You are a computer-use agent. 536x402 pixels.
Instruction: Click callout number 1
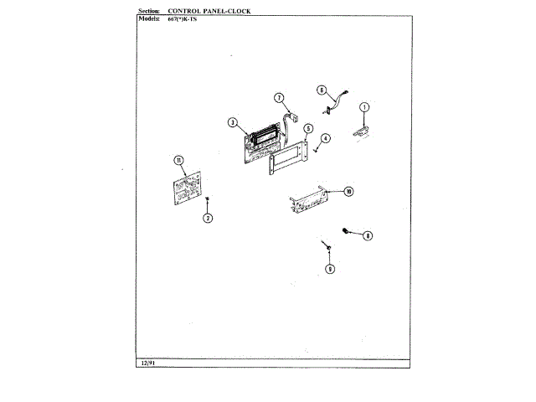coord(364,106)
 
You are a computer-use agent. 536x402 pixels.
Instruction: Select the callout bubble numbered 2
coord(208,218)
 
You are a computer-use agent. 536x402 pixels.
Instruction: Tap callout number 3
coord(232,122)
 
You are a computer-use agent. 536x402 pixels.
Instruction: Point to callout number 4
coord(325,138)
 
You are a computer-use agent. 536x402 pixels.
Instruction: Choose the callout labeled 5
coord(308,129)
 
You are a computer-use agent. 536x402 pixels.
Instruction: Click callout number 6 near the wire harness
coord(321,90)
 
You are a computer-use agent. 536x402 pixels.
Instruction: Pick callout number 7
coord(281,98)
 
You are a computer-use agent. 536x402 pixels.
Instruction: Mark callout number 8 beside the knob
coord(367,236)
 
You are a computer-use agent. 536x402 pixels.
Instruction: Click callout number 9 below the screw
coord(329,269)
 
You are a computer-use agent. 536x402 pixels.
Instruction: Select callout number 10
coord(348,191)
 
